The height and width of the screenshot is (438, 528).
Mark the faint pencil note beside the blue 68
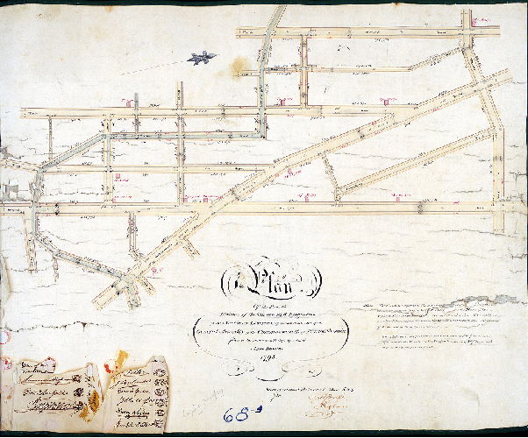click(x=201, y=395)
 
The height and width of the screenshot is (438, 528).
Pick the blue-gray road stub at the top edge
click(x=279, y=16)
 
